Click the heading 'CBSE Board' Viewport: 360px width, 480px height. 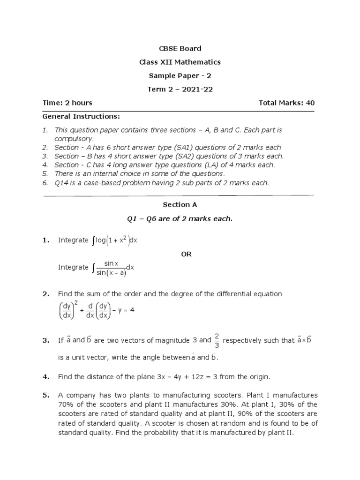180,48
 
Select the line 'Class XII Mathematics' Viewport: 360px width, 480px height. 180,62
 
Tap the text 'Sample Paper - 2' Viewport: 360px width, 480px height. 180,75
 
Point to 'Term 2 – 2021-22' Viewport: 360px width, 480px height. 180,89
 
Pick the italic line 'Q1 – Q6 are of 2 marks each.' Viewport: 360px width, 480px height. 180,218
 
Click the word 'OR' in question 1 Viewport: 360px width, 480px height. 187,254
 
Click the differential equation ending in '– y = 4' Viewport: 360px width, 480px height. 96,311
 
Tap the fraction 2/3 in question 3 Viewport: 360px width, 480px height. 217,340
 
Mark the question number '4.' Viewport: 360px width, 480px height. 45,376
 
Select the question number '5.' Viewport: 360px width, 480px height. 45,395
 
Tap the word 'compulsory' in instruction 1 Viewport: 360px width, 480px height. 74,139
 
